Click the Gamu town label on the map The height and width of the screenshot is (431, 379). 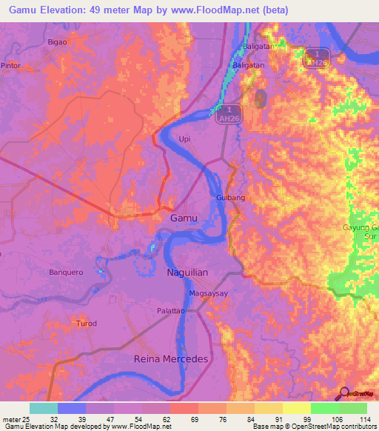[x=184, y=218]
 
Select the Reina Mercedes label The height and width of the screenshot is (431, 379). [x=171, y=358]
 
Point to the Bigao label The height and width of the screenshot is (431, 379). [x=57, y=41]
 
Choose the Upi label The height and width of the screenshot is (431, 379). [x=185, y=138]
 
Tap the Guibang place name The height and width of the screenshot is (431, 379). [x=230, y=198]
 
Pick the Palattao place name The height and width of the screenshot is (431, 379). [x=170, y=311]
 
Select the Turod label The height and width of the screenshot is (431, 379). [x=87, y=324]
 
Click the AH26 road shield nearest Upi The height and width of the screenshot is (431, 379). [x=227, y=113]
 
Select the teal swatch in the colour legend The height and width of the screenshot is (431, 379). [x=44, y=408]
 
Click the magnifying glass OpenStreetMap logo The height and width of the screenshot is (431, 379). [x=344, y=394]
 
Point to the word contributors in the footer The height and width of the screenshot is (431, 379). [x=358, y=427]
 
